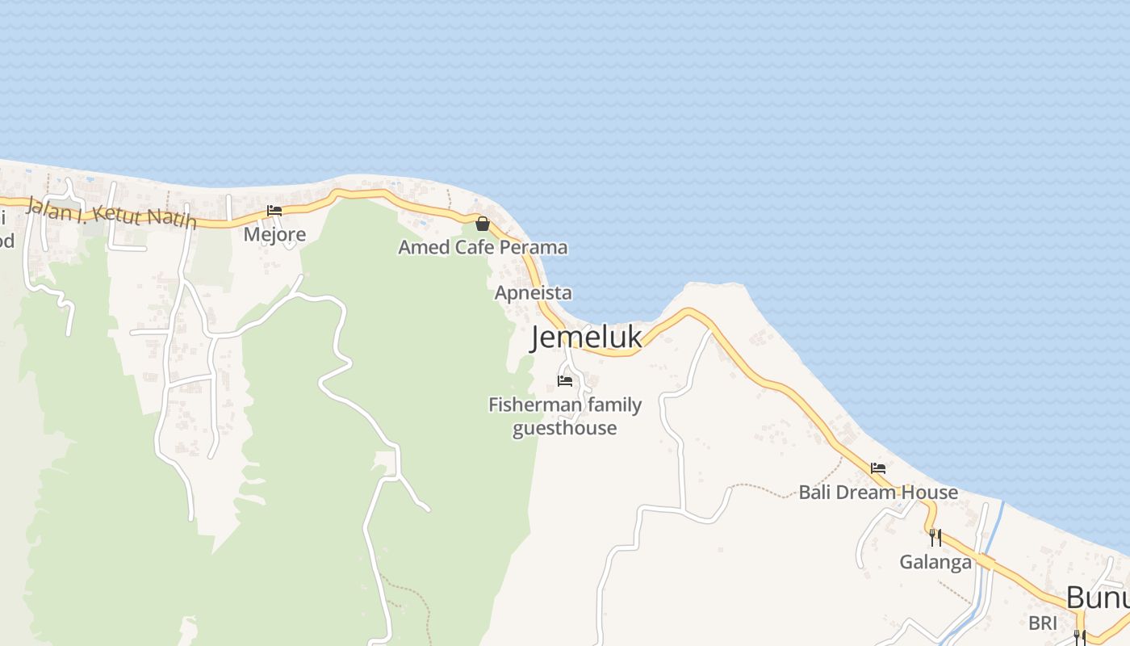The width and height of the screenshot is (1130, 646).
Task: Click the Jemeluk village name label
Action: [586, 338]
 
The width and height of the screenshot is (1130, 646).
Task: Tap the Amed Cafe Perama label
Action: [483, 247]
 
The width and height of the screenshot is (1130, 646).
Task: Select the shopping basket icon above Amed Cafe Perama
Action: [483, 224]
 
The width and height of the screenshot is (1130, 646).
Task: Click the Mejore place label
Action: [274, 234]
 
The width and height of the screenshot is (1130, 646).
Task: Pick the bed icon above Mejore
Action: [274, 211]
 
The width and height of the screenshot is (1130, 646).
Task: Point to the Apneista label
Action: [533, 292]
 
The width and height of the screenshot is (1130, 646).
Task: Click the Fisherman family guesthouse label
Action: [565, 416]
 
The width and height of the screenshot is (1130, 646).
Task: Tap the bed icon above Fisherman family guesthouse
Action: [565, 380]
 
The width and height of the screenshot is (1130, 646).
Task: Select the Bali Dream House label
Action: [878, 492]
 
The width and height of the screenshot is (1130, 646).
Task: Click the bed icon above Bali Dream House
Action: [878, 468]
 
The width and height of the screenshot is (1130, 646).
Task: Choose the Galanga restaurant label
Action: [935, 561]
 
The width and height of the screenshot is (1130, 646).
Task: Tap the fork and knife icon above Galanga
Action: [935, 537]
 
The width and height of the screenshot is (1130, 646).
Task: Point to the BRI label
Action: [1043, 623]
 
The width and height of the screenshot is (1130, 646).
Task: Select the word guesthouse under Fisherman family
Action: [565, 428]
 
